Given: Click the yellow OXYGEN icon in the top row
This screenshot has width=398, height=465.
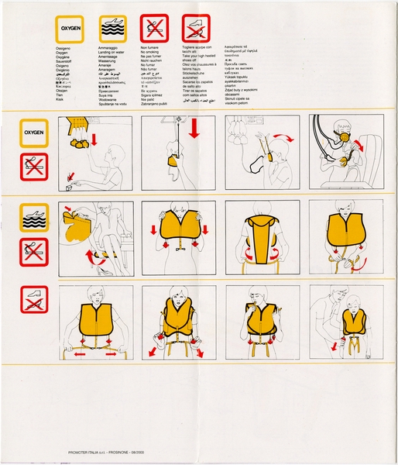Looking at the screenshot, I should [x=68, y=29].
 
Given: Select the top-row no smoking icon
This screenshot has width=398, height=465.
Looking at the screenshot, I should [x=153, y=29].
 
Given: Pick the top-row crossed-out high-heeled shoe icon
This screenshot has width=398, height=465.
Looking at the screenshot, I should [x=196, y=29].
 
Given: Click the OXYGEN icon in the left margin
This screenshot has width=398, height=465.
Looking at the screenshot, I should [x=34, y=133].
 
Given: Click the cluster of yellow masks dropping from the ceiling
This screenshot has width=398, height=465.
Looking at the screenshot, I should [x=77, y=143].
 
